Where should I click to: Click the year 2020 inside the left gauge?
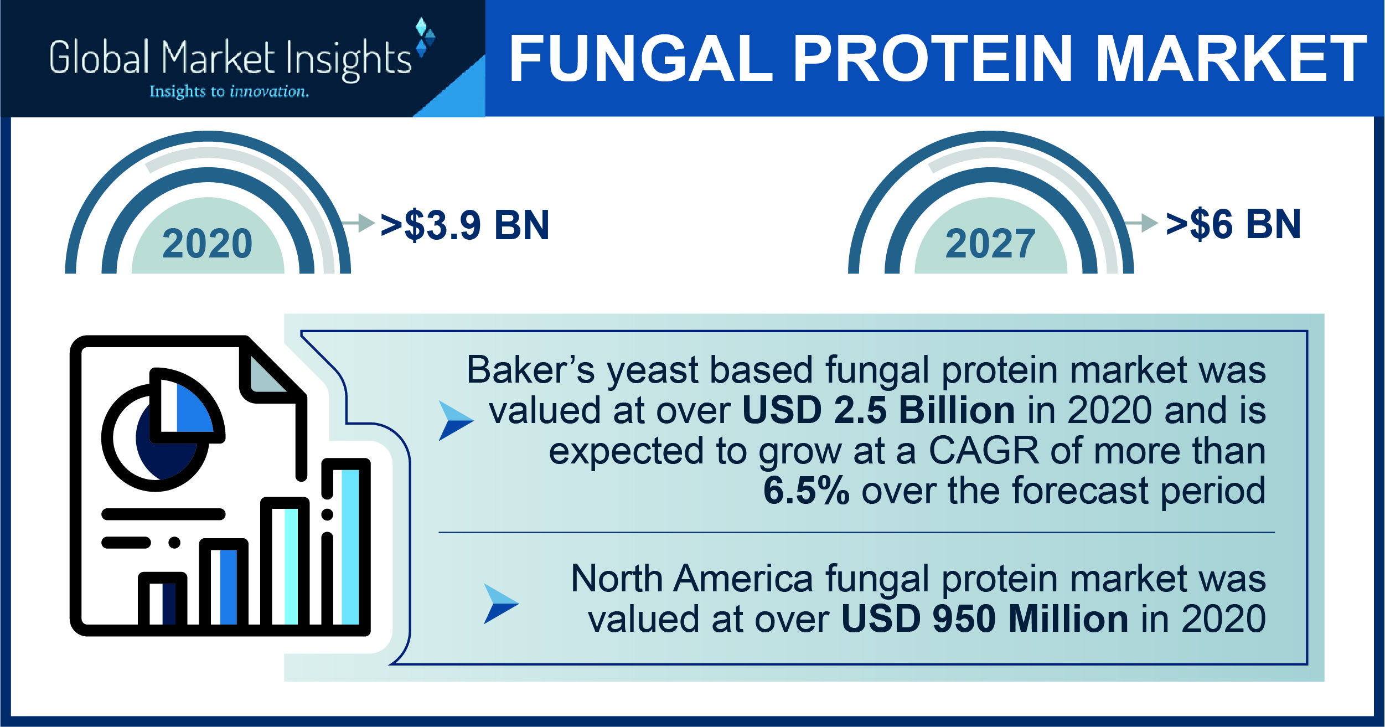pyautogui.click(x=208, y=244)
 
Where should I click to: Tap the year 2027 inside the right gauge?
pyautogui.click(x=990, y=244)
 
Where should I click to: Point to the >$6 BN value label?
pyautogui.click(x=1233, y=224)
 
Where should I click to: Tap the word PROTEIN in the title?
pyautogui.click(x=933, y=59)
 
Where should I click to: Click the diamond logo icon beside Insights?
pyautogui.click(x=425, y=38)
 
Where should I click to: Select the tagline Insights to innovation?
pyautogui.click(x=229, y=91)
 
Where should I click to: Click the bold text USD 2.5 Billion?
pyautogui.click(x=878, y=410)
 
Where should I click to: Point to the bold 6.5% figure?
pyautogui.click(x=806, y=491)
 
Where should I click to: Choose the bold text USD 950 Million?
pyautogui.click(x=985, y=619)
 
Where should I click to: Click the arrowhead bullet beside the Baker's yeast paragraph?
pyautogui.click(x=455, y=421)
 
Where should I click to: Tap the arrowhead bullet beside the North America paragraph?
pyautogui.click(x=500, y=604)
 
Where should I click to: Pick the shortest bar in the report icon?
pyautogui.click(x=162, y=602)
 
